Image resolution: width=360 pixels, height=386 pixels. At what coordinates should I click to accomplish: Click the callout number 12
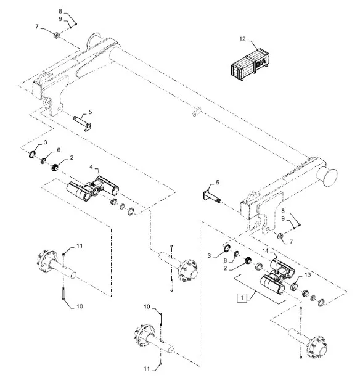(242, 39)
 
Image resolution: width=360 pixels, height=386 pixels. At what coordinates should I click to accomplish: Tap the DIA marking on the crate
(261, 62)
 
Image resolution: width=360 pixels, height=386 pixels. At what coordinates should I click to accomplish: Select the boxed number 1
(242, 298)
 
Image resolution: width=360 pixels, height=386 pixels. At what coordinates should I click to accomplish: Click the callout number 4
(91, 167)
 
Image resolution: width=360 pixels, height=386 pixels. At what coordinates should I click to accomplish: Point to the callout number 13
(308, 274)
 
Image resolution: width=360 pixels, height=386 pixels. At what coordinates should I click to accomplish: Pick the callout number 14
(265, 251)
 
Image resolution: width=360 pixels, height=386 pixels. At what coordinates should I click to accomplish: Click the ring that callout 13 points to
(294, 287)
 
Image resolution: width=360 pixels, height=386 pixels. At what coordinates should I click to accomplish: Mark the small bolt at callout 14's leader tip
(276, 257)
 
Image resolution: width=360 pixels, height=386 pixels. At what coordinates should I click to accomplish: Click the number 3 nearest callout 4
(45, 142)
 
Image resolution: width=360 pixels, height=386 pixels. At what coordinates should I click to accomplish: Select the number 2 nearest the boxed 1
(225, 268)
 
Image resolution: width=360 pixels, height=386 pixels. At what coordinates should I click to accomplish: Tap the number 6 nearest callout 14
(225, 260)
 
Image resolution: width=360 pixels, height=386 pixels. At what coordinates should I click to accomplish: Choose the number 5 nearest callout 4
(90, 112)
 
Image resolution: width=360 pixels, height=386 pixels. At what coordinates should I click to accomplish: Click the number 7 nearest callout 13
(292, 242)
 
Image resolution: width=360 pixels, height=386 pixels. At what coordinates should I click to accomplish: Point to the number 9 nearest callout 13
(283, 219)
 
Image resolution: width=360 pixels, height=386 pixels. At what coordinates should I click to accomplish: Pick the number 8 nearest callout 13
(283, 211)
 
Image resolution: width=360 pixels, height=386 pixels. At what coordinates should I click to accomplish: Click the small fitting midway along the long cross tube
(197, 112)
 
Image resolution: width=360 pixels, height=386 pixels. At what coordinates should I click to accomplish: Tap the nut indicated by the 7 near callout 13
(280, 236)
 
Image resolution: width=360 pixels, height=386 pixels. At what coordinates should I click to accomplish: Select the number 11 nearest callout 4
(80, 245)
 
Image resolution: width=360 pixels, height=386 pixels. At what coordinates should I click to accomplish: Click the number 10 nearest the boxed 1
(147, 306)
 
